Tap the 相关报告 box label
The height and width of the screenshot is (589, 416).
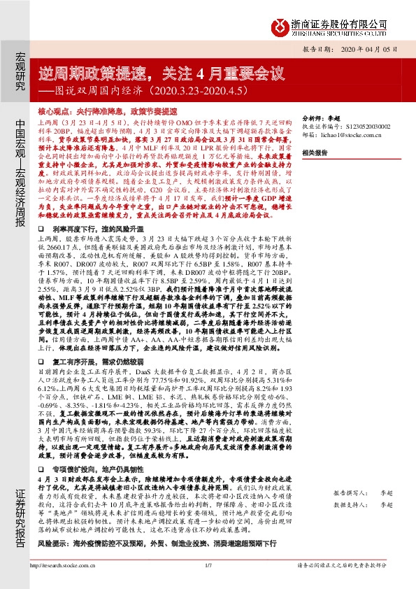point(316,152)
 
